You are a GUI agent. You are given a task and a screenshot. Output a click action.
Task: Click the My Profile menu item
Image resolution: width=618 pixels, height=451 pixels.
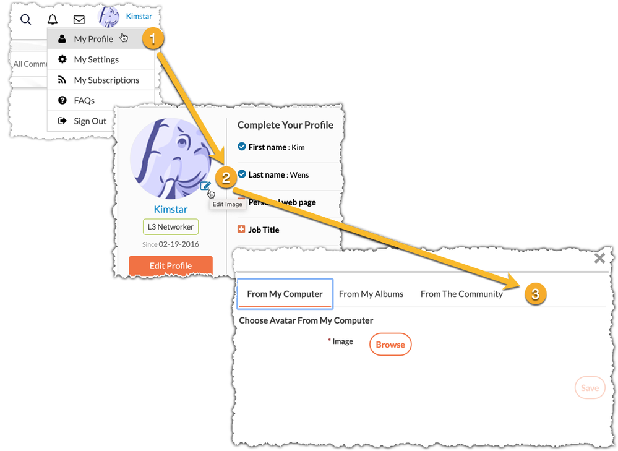93,39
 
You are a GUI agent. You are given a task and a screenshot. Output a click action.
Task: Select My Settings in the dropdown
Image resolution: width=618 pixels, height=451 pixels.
96,59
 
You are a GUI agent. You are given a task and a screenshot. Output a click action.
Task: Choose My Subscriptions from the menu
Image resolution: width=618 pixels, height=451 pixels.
106,80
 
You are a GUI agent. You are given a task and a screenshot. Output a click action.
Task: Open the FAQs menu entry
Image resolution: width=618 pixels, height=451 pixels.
84,100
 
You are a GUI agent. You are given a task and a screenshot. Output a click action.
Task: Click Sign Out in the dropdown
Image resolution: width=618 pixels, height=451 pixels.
90,121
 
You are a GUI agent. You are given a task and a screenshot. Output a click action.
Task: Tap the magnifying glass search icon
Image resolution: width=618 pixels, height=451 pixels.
26,19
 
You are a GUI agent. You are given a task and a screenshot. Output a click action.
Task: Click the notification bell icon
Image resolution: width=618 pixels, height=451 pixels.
53,19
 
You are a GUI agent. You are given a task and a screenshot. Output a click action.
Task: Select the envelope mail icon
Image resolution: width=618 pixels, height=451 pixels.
79,19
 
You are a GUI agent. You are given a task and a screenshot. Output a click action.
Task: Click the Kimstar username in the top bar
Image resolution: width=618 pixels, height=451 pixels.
139,16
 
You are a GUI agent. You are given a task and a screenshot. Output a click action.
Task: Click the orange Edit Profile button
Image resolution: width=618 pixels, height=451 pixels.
170,265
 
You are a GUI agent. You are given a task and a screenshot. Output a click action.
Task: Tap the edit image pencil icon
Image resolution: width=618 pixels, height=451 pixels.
205,186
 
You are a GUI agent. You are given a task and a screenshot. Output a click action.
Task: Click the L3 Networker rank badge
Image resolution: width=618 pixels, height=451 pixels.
170,227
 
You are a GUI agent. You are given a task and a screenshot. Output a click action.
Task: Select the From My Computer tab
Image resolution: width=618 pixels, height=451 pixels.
285,294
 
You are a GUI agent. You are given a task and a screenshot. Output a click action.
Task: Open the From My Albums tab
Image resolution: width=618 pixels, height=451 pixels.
371,294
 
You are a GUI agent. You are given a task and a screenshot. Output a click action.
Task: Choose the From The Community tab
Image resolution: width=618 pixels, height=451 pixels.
461,294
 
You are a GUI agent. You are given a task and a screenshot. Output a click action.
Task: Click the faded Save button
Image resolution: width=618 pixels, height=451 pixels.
589,388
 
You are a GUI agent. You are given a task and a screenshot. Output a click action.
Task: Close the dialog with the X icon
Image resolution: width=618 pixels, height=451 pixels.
599,259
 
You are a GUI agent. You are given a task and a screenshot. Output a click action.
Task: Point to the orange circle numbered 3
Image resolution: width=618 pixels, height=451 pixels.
535,294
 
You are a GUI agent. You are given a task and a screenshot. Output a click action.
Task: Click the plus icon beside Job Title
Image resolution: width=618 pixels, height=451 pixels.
241,230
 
